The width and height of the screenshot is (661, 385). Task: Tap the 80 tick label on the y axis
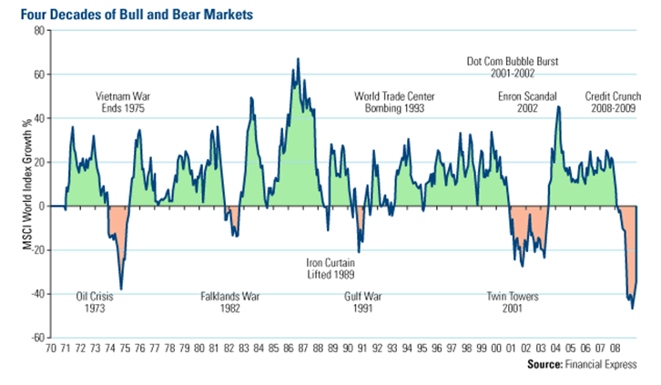[x=39, y=30]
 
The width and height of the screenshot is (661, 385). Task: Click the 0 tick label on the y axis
[x=42, y=207]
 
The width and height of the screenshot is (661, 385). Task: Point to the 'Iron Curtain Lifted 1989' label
[x=330, y=268]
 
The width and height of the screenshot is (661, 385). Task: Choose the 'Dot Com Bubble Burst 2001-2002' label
[x=513, y=69]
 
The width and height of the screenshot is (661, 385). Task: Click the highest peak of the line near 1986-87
[x=298, y=60]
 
